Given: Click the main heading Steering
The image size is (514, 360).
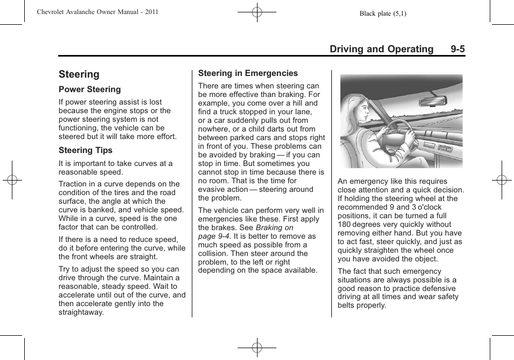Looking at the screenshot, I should [79, 74].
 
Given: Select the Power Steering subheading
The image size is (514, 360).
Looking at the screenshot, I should [89, 89].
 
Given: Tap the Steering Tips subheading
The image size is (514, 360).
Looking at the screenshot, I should [85, 150].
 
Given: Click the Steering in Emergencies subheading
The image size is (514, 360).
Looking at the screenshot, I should [248, 73].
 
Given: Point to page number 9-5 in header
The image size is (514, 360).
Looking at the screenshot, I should [458, 49].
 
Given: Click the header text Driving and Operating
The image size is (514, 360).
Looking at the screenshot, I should [381, 49].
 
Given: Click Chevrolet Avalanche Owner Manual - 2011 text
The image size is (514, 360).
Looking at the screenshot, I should [97, 12].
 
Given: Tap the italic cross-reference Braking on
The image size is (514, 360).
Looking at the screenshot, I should [274, 227].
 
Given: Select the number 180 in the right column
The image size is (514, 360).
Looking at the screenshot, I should [345, 224].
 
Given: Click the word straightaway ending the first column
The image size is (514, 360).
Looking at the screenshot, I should [81, 312].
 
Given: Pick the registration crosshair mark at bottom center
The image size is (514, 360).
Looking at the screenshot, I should [257, 348].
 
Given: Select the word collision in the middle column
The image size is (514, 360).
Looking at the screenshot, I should [213, 253].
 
